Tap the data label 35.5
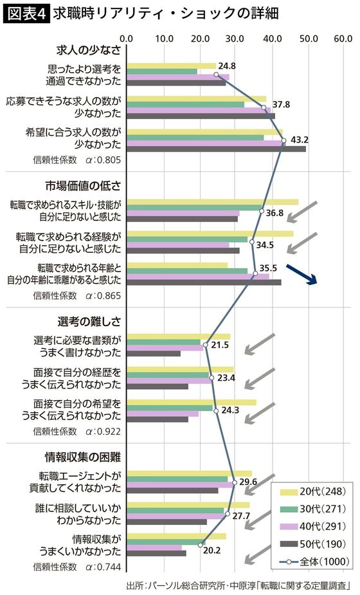[x=267, y=268]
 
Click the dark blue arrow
[x=300, y=275]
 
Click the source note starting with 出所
[x=241, y=585]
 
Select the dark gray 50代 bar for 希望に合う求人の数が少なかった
[x=216, y=149]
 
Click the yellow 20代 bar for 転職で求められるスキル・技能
[x=213, y=202]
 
